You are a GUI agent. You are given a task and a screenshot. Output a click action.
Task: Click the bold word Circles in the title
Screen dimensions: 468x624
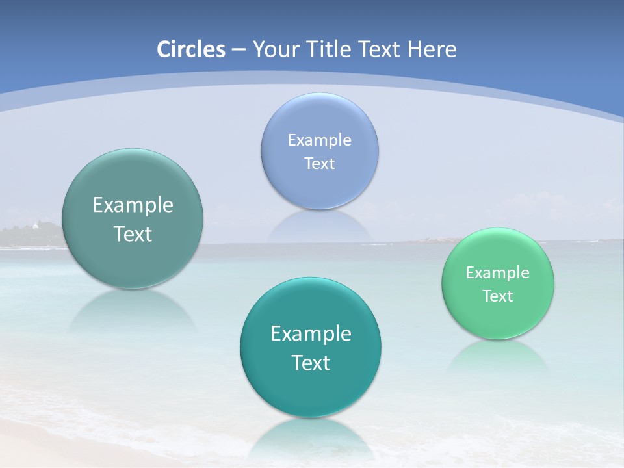click(191, 49)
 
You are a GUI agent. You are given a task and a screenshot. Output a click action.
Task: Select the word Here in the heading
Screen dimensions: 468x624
click(432, 49)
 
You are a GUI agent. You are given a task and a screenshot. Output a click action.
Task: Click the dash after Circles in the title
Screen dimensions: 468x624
click(239, 50)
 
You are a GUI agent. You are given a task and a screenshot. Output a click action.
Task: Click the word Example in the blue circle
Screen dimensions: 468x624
click(320, 140)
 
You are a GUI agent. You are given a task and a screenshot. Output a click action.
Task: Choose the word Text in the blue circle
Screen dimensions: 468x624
click(320, 163)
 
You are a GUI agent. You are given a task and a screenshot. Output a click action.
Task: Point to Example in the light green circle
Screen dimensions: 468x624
click(498, 272)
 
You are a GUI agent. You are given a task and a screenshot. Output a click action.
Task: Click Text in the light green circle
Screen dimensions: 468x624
click(498, 296)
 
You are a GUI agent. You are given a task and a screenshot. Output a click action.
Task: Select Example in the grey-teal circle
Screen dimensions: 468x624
click(133, 205)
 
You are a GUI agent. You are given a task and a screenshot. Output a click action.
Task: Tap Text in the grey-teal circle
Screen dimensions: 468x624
click(133, 234)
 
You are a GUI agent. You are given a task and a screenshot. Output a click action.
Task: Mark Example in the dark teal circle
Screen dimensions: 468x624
click(311, 333)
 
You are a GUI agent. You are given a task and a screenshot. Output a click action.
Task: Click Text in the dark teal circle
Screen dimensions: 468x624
click(311, 363)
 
